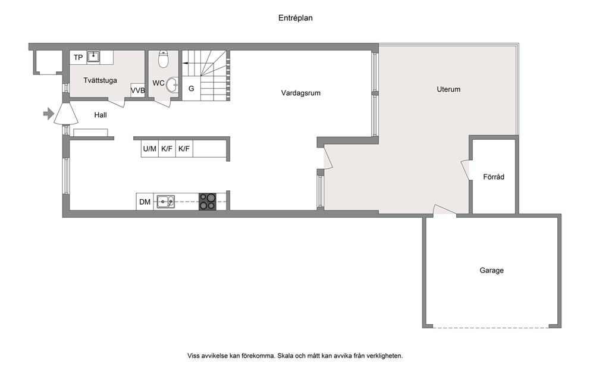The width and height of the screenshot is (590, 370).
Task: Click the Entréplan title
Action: click(296, 18)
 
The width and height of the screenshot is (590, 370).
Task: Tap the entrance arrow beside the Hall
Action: click(49, 113)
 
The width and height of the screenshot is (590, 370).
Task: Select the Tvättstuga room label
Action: click(100, 80)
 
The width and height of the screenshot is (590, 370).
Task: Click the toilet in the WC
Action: click(163, 59)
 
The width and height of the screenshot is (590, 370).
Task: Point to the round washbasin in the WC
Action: click(173, 84)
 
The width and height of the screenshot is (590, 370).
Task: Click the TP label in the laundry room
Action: click(79, 57)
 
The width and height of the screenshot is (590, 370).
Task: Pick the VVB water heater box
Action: click(138, 90)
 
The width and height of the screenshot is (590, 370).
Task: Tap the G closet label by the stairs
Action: click(191, 89)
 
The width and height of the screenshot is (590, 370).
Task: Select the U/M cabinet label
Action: click(149, 149)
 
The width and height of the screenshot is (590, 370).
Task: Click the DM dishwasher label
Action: click(145, 202)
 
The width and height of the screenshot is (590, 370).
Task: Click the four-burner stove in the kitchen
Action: click(208, 202)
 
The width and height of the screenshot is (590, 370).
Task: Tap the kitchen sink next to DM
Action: click(165, 202)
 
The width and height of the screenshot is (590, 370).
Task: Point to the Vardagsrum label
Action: click(300, 93)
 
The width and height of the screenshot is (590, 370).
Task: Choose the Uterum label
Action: click(448, 89)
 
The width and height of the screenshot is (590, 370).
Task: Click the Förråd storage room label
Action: click(494, 177)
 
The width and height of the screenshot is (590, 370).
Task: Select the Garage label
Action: click(491, 270)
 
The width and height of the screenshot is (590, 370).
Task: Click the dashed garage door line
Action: click(491, 327)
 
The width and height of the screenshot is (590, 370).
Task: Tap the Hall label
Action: click(101, 115)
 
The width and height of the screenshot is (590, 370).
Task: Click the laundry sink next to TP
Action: click(93, 57)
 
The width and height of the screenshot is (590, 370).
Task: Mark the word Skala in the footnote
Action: click(285, 355)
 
